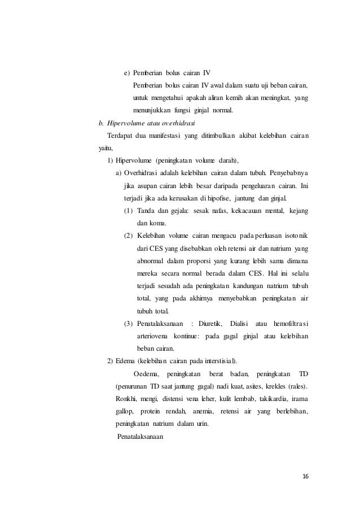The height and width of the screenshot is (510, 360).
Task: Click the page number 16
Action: coord(305,477)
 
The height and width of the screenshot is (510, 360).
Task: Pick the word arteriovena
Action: coord(153,335)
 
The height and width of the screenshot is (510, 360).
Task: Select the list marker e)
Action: coord(128,73)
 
